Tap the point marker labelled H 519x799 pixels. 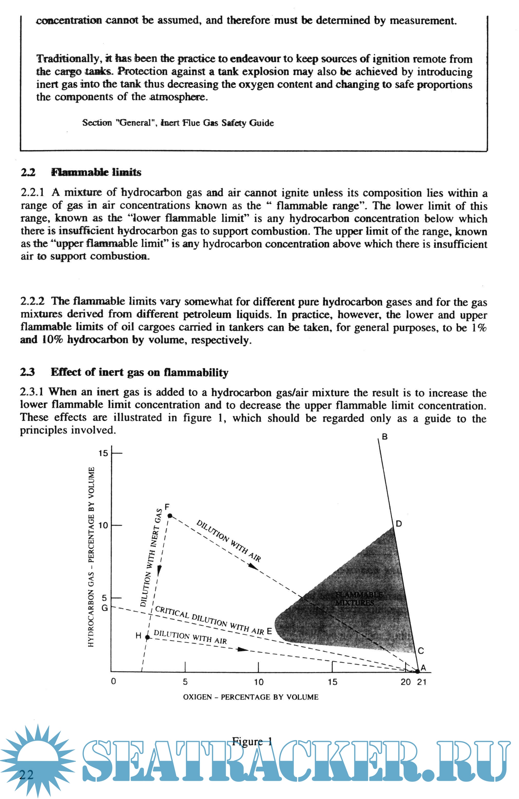tap(147, 637)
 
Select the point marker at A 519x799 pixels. tap(417, 671)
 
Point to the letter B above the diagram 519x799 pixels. tap(385, 437)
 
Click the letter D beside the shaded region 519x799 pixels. tap(399, 524)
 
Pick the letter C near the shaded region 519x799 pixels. tap(421, 651)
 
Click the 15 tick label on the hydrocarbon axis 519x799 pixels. tap(103, 454)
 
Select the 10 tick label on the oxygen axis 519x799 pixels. tap(259, 682)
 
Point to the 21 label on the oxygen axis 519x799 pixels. tap(422, 682)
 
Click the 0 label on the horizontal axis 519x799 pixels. tap(114, 682)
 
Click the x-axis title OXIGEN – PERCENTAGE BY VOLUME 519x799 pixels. tap(250, 697)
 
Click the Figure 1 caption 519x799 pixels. tap(251, 741)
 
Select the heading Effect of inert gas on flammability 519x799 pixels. tap(139, 372)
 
